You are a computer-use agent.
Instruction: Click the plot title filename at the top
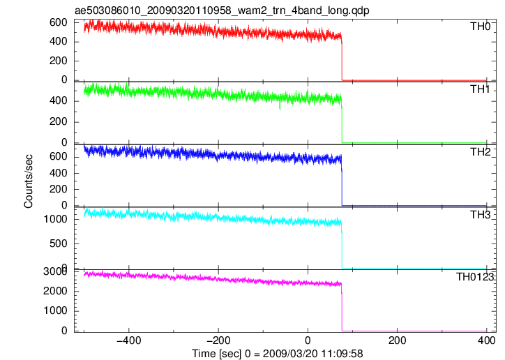(222, 10)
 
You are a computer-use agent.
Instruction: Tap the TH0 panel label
(480, 27)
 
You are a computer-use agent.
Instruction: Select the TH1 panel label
(480, 89)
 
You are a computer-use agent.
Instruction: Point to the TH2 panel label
(480, 152)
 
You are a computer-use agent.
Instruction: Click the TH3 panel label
(480, 214)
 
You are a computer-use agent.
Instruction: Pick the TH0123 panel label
(475, 277)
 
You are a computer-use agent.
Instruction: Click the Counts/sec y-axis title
(29, 181)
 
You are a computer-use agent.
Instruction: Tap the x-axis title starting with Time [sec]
(278, 354)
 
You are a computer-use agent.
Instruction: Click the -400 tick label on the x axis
(129, 340)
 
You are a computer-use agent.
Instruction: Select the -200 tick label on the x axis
(218, 340)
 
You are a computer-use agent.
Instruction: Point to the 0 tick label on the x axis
(308, 340)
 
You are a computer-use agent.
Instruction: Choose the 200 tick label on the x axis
(398, 340)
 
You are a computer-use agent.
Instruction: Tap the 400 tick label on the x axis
(486, 340)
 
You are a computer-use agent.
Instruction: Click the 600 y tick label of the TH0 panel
(59, 22)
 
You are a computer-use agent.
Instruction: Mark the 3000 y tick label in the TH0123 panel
(55, 271)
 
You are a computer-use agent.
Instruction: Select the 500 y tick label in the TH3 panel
(59, 243)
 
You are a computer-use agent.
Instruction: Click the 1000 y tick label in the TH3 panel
(55, 219)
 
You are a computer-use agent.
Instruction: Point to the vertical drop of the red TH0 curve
(342, 58)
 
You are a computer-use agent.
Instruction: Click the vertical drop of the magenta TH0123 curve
(342, 308)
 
